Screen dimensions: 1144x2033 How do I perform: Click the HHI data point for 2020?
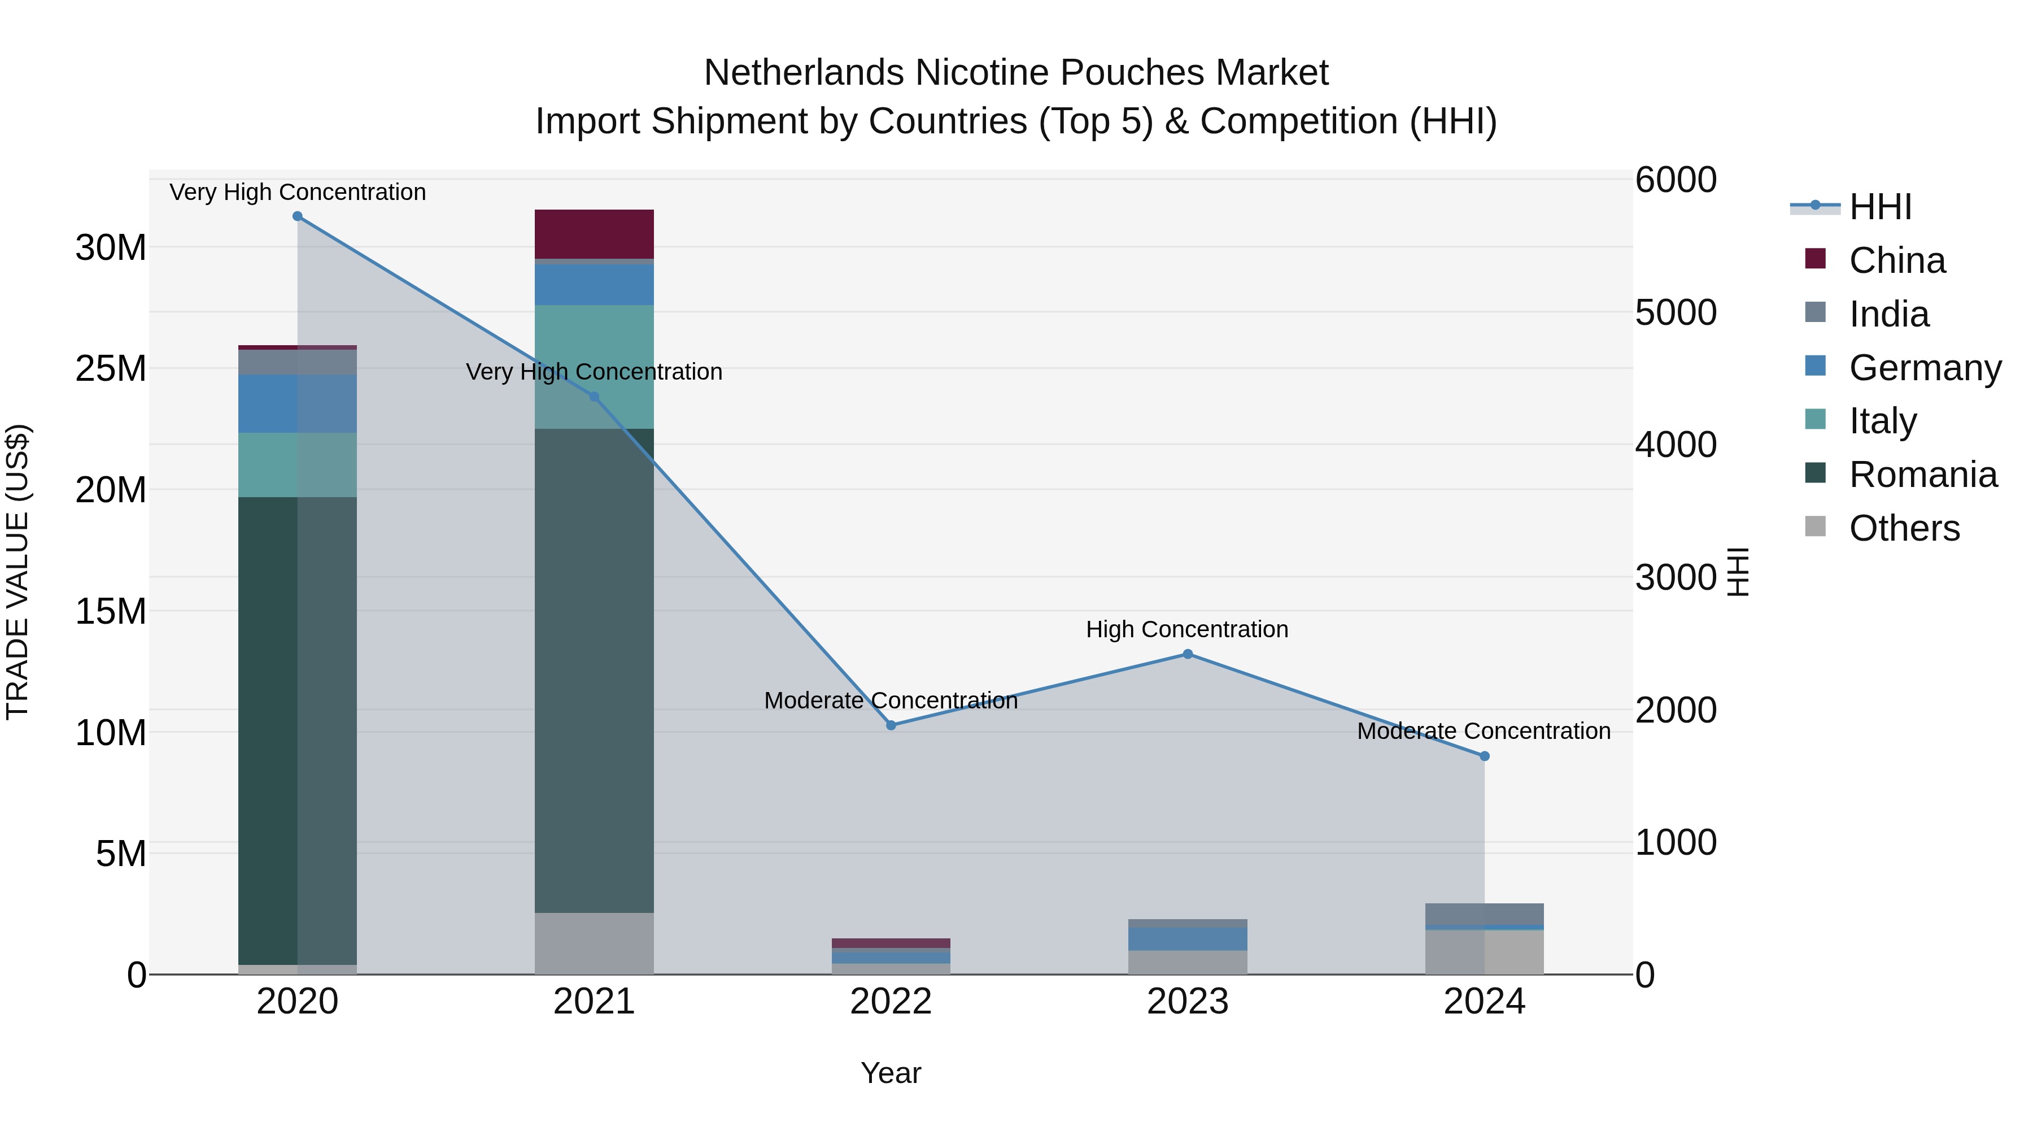point(298,216)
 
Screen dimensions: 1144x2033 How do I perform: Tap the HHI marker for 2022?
point(891,725)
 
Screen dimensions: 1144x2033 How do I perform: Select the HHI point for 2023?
point(1188,654)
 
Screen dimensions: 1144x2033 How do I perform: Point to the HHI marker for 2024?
point(1485,755)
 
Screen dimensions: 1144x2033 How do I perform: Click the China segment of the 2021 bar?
point(594,234)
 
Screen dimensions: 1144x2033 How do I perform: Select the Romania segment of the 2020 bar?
point(268,730)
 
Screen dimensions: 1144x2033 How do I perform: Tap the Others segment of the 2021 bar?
point(594,943)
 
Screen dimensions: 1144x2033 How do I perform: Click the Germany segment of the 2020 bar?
point(268,403)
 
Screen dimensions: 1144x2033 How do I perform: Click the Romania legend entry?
point(1922,475)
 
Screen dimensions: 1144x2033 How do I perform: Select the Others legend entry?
point(1904,528)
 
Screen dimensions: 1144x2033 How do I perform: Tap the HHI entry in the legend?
point(1880,207)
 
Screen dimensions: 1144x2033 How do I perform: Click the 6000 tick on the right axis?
point(1676,180)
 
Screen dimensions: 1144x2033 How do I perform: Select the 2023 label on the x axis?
point(1188,1002)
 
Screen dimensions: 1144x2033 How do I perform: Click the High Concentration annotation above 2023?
point(1187,629)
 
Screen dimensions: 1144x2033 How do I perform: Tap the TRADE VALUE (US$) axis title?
point(18,572)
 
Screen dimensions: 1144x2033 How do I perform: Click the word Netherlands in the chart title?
point(804,73)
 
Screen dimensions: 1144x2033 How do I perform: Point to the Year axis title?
point(891,1073)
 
